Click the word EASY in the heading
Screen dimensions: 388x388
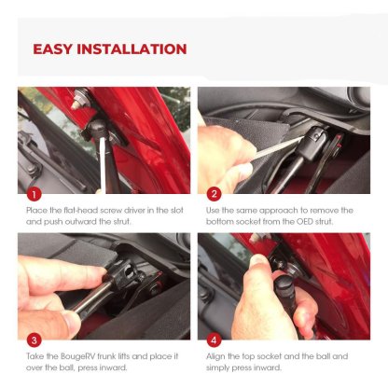52,49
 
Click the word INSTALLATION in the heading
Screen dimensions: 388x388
132,49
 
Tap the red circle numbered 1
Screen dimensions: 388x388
35,195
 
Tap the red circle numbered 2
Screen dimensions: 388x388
214,195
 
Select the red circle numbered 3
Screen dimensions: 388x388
35,340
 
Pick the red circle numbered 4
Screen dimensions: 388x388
214,340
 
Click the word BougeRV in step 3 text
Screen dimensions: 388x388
77,356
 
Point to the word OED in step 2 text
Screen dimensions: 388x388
305,222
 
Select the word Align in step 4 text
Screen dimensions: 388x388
215,356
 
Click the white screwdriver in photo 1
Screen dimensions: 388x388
102,164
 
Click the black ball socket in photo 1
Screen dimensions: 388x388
96,129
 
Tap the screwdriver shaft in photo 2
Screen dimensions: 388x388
274,148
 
